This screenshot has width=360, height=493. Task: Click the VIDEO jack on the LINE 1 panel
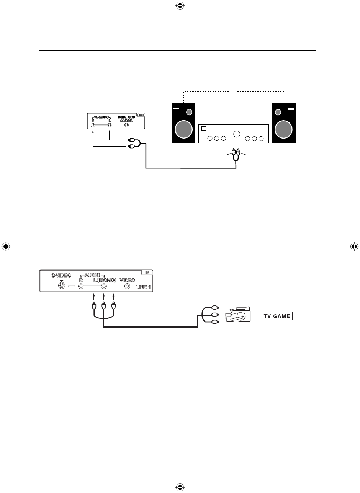click(x=127, y=286)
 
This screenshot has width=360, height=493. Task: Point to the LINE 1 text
click(x=143, y=287)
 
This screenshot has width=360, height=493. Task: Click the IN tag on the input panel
click(x=147, y=273)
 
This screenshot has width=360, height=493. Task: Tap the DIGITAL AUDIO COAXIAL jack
click(x=127, y=125)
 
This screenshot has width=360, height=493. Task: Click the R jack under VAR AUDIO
click(x=93, y=125)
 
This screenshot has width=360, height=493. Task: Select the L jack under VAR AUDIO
click(x=110, y=125)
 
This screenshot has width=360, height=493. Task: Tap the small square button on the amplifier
click(x=205, y=129)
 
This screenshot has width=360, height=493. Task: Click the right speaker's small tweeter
click(x=278, y=113)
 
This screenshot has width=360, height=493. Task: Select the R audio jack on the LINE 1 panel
click(x=81, y=286)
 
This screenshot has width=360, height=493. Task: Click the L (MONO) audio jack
click(x=103, y=286)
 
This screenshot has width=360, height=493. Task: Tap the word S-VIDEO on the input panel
click(x=61, y=275)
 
